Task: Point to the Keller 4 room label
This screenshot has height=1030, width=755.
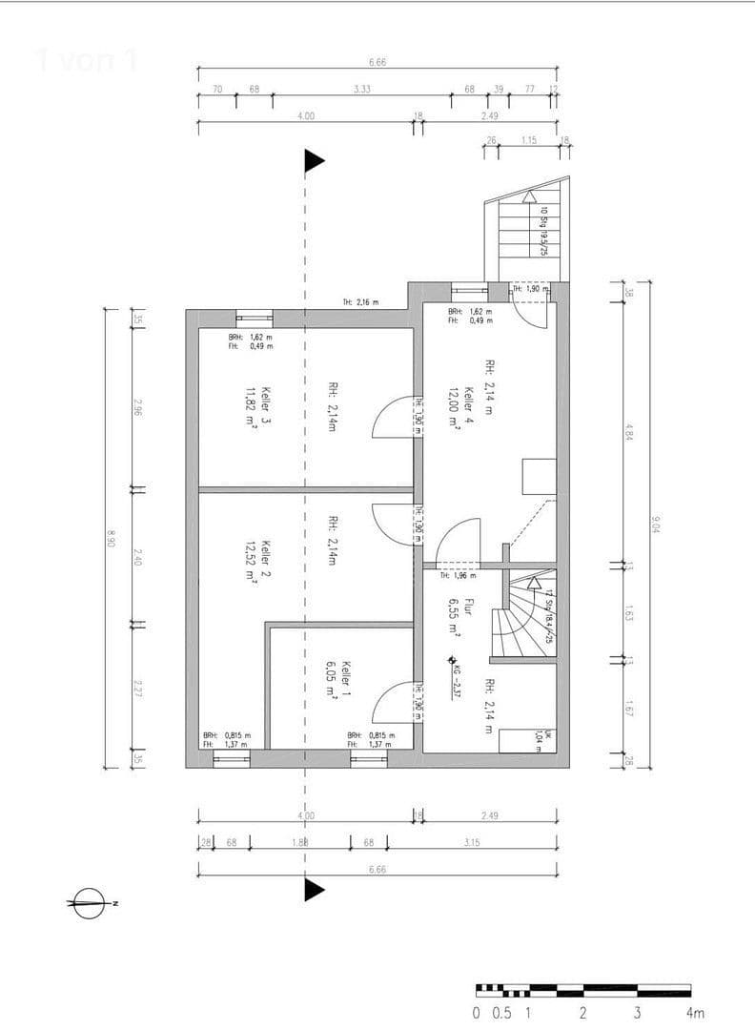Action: [x=469, y=407]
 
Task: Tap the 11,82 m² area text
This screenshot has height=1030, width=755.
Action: [x=251, y=410]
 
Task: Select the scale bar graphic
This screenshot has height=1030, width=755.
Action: [x=583, y=991]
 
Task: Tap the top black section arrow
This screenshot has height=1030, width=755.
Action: [x=314, y=161]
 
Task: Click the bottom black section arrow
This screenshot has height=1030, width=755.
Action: [x=314, y=890]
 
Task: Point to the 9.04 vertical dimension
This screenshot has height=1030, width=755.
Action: [x=656, y=524]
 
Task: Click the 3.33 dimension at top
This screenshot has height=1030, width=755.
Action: [x=361, y=89]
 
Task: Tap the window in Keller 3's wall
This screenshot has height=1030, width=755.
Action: [x=255, y=319]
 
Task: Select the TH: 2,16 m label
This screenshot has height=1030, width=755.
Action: [x=360, y=302]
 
